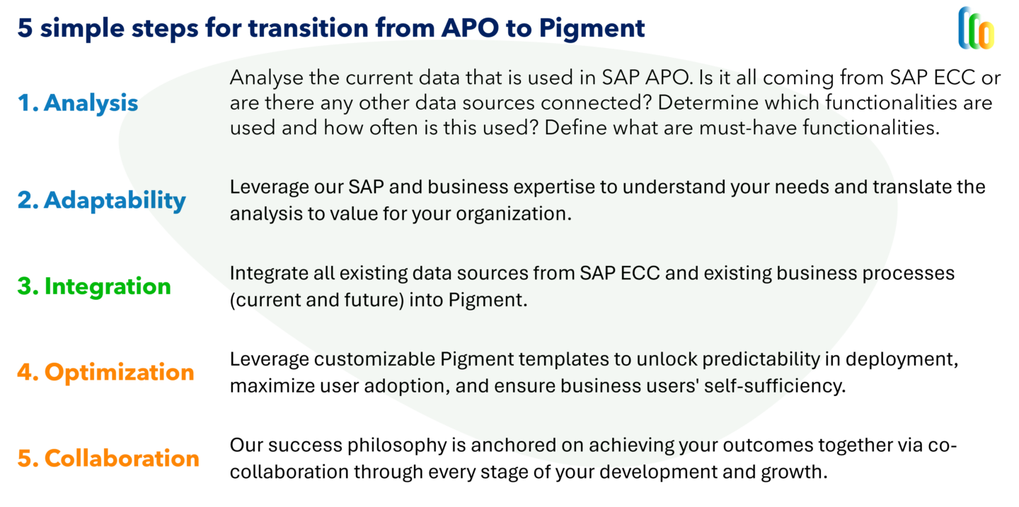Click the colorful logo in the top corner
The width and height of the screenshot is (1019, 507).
point(977,28)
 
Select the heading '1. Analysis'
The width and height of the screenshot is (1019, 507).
point(78,103)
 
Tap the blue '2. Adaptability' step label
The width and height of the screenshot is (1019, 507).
point(101,200)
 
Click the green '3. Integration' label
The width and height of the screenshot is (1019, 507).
point(94,286)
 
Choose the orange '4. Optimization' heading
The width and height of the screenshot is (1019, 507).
point(105,372)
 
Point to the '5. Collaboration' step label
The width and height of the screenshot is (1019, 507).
point(108,458)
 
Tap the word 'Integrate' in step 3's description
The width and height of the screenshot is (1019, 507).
point(265,273)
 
